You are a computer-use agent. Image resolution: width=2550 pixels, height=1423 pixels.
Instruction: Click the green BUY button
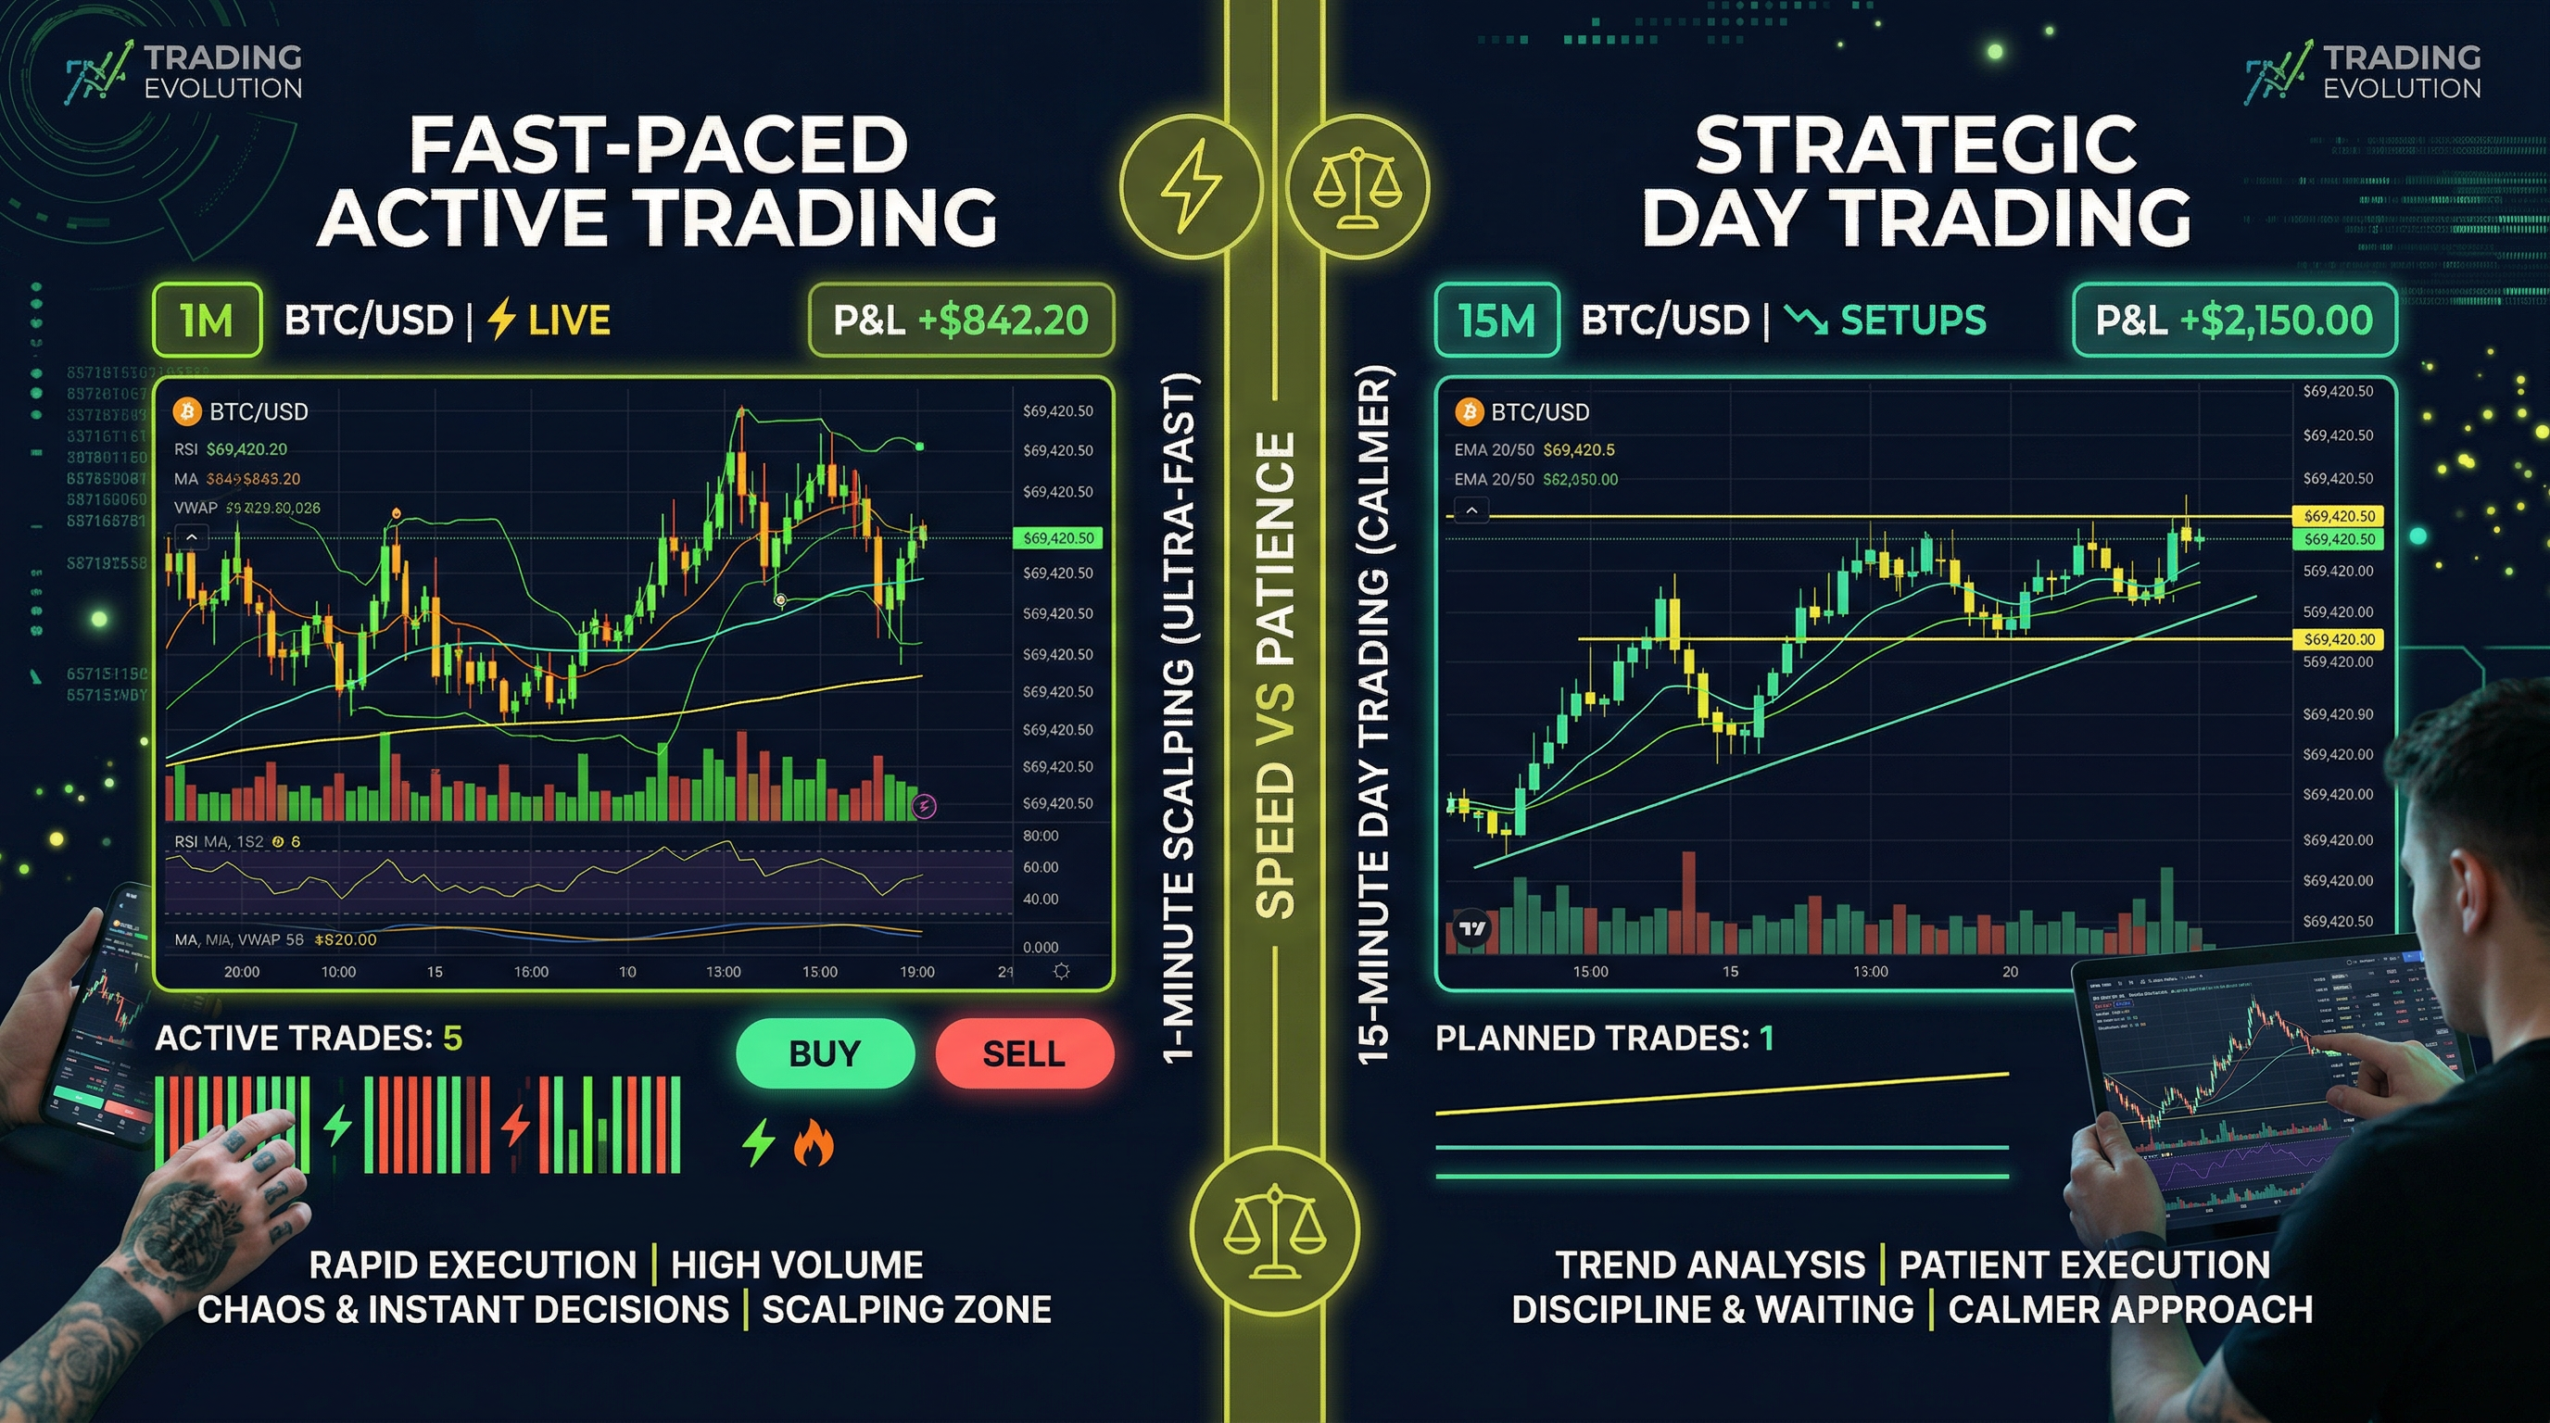(825, 1054)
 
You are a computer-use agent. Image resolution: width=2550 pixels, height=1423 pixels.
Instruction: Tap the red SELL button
(1024, 1054)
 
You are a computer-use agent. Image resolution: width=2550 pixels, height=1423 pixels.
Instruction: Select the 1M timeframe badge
(207, 320)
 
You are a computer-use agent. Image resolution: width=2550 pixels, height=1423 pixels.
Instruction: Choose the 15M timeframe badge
(1496, 320)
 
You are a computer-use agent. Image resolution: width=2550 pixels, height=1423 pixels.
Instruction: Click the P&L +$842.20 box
(961, 320)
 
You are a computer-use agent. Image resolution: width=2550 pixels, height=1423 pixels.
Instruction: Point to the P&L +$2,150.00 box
(2234, 320)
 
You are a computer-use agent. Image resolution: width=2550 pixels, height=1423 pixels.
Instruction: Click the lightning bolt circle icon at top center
(1191, 186)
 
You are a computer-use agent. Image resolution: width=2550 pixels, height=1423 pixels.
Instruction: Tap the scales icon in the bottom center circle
(1274, 1231)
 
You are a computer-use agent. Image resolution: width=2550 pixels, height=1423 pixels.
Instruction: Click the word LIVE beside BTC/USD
(568, 320)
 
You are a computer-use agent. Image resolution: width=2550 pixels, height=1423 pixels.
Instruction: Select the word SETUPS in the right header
(1912, 320)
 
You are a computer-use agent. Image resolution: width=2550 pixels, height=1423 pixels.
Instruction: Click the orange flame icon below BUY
(813, 1143)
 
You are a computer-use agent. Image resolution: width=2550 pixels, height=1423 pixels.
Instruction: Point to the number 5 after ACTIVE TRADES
(452, 1038)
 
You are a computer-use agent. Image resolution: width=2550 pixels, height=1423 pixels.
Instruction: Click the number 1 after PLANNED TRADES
(1766, 1038)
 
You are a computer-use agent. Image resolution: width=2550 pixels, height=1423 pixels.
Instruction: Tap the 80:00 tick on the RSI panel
(1041, 837)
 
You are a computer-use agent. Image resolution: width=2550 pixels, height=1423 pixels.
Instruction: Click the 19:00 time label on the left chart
(916, 972)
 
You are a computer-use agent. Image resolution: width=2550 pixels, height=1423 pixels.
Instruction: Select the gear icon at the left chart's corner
(1061, 972)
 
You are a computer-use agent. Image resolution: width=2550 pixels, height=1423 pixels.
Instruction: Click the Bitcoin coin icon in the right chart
(1468, 411)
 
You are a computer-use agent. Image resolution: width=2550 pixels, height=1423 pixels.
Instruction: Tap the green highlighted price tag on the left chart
(1057, 538)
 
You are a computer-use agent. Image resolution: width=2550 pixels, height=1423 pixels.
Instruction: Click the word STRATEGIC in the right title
(1915, 145)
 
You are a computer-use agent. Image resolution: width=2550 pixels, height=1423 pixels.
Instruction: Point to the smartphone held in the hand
(99, 1010)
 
